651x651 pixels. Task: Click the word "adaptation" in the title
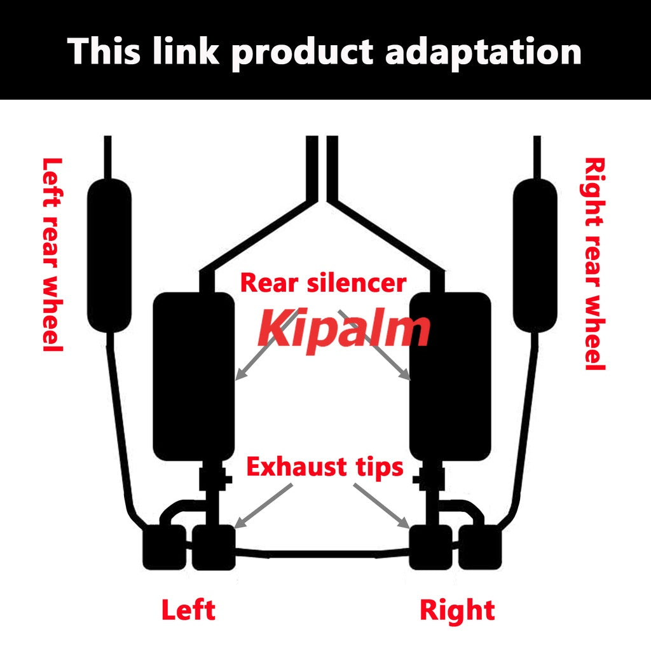pos(483,52)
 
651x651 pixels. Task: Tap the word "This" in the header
pos(104,51)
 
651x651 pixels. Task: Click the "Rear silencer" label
pos(323,283)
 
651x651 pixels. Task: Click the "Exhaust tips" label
pos(325,467)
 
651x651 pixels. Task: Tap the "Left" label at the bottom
pos(188,610)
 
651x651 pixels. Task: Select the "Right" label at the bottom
pos(457,610)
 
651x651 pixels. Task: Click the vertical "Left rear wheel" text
pos(52,254)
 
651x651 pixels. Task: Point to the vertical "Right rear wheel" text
pos(594,264)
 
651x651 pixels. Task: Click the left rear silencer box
pos(194,376)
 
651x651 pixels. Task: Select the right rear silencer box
pos(450,376)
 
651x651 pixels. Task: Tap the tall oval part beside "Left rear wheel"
pos(109,256)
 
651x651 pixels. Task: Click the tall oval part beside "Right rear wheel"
pos(535,256)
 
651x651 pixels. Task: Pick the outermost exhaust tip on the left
pos(165,547)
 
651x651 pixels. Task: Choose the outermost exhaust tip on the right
pos(480,547)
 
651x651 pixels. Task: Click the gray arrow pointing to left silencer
pos(266,345)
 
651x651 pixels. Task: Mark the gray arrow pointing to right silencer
pos(374,345)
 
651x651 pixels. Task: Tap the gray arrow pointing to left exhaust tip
pos(263,506)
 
